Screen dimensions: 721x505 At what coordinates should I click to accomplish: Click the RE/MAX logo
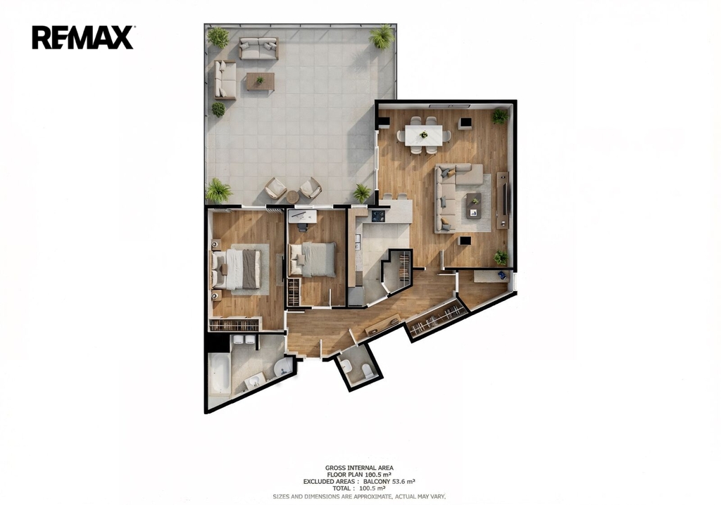point(83,37)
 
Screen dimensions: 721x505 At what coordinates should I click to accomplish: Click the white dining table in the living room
point(423,134)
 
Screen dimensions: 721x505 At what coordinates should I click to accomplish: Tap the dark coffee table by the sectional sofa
point(474,205)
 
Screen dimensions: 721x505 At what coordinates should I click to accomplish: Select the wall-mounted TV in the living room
point(506,199)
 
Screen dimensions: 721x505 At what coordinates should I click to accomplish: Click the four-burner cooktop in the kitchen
point(378,215)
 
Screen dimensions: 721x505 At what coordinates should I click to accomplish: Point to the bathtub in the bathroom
point(220,373)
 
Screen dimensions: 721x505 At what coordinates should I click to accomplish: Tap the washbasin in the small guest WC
point(347,366)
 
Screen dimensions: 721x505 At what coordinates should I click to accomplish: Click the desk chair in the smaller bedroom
point(302,226)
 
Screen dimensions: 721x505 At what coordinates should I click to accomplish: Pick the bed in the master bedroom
point(237,269)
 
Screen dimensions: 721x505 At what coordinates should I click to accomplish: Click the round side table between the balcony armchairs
point(292,197)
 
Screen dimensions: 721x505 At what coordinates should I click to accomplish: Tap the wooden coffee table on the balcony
point(260,82)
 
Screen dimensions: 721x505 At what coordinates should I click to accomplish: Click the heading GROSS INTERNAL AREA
point(359,468)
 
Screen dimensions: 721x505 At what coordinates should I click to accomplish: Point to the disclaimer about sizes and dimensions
point(359,497)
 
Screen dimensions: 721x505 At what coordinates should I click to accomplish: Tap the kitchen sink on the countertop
point(358,243)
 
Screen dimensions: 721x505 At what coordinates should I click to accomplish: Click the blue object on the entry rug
point(501,275)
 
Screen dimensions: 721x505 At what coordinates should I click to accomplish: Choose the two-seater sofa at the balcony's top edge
point(258,49)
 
